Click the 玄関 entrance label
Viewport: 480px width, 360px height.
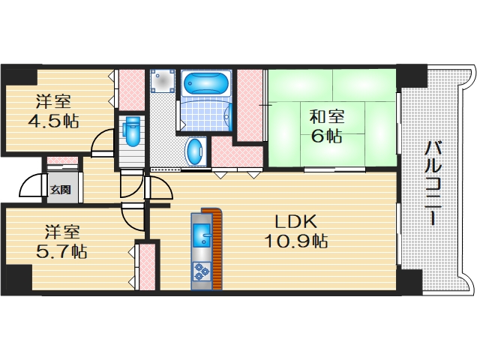coord(61,190)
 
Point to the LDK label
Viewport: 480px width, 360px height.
coord(295,223)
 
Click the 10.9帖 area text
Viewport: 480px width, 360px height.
coord(295,241)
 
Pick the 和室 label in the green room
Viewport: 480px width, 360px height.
coord(328,117)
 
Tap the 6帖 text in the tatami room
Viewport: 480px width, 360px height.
coord(328,136)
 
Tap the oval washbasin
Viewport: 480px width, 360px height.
coord(194,151)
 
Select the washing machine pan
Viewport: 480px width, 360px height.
coord(163,82)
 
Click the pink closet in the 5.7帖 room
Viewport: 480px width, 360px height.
coord(147,265)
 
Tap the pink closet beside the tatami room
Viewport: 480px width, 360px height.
coord(250,105)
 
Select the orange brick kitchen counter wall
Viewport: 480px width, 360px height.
coord(218,247)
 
